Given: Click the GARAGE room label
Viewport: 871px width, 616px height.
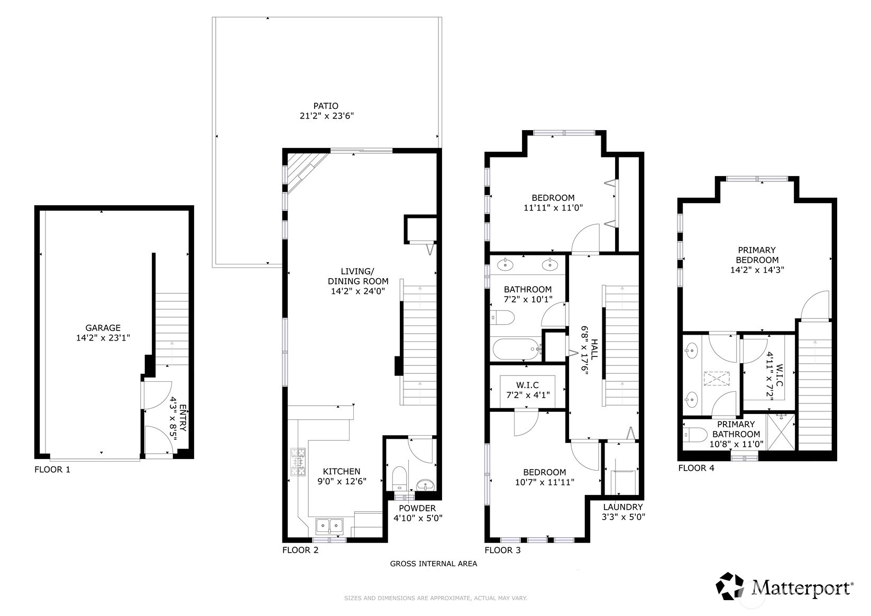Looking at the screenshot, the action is tap(103, 328).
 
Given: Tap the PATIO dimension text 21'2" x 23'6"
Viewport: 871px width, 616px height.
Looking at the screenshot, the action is tap(327, 116).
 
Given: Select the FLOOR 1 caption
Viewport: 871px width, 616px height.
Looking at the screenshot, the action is tap(52, 470).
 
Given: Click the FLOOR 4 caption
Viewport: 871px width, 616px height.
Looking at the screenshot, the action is tap(696, 468).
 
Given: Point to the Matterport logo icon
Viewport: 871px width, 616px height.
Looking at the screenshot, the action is tap(730, 586).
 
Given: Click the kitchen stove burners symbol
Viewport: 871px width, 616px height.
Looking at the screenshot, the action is tap(298, 462).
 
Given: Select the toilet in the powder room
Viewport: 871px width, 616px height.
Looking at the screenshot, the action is tap(399, 479).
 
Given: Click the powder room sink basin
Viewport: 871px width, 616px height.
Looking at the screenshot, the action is tap(426, 485).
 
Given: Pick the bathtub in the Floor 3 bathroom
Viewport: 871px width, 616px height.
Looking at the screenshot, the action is tap(516, 349).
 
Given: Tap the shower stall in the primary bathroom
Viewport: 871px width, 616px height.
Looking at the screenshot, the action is tap(781, 432).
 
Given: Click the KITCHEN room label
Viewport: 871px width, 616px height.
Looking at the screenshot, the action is tap(342, 471).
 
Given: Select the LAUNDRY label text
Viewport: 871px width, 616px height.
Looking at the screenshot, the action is tap(623, 507).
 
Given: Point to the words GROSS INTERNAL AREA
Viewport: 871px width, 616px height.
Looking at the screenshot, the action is tap(434, 564).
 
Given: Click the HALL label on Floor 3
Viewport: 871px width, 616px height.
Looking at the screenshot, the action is tap(594, 349).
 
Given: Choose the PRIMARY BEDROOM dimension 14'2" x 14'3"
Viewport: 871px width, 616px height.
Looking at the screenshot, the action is tap(757, 270).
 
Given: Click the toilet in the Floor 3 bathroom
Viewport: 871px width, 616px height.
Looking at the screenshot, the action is tap(502, 317).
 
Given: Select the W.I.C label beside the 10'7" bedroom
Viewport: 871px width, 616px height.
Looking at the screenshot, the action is tap(527, 385).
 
